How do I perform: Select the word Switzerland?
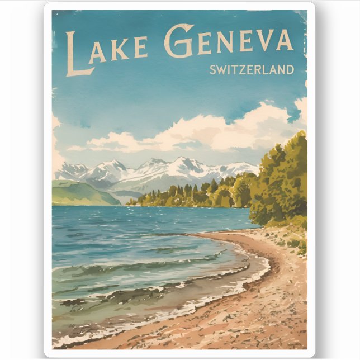(x=252, y=70)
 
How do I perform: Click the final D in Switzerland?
(x=289, y=70)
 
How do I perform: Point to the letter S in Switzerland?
(x=213, y=70)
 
